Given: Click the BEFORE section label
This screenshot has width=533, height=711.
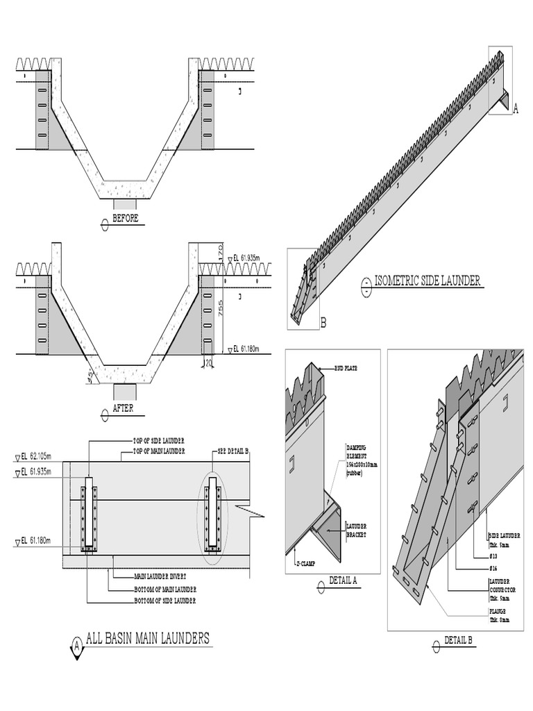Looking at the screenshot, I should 125,218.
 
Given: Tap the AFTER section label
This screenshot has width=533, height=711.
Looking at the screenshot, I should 123,409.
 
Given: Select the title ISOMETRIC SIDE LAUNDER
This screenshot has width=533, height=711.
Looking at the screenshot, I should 428,281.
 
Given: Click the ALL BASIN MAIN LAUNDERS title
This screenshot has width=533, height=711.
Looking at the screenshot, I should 147,638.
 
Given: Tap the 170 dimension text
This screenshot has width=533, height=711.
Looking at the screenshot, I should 221,250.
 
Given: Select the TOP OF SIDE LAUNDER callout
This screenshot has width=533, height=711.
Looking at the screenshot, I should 159,441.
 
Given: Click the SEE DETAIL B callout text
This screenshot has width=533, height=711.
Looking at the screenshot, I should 233,452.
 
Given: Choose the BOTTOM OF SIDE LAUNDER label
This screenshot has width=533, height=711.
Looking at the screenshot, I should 165,600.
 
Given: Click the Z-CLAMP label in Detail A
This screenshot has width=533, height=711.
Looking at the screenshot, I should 305,564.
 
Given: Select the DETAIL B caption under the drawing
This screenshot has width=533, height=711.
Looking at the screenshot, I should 459,640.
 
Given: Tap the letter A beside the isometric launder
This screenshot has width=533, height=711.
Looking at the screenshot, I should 516,108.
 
